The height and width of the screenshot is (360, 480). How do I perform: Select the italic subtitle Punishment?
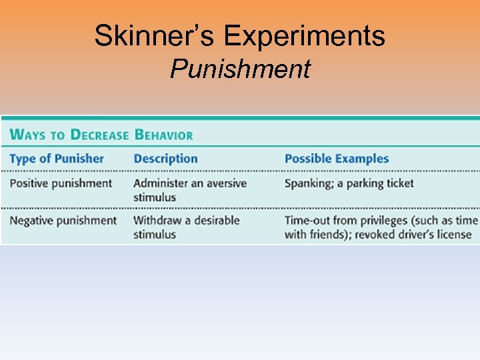click(x=240, y=69)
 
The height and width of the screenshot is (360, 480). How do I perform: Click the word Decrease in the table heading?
click(x=99, y=135)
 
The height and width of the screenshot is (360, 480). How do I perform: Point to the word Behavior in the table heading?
click(x=164, y=135)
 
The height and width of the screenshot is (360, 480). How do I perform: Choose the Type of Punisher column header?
click(x=57, y=159)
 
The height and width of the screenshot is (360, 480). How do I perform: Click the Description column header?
click(x=165, y=159)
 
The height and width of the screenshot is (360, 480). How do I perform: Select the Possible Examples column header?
click(x=336, y=159)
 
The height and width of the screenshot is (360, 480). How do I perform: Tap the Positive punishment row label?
click(x=61, y=183)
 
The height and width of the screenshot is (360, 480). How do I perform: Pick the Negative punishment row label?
click(x=63, y=221)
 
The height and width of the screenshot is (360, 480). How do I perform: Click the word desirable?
click(x=215, y=221)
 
